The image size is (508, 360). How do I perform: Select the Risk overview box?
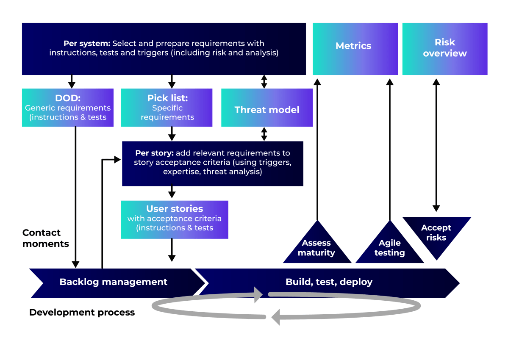click(444, 49)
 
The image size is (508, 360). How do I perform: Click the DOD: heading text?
click(68, 98)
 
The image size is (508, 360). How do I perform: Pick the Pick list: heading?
click(167, 98)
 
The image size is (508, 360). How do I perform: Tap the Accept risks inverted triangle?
click(436, 233)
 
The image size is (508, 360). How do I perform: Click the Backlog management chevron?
click(114, 282)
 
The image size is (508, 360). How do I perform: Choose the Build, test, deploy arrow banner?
click(329, 282)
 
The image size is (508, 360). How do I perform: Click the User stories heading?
click(175, 209)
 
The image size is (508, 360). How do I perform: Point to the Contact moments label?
click(45, 238)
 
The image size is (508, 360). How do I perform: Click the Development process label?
click(82, 313)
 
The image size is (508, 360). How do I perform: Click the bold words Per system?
click(87, 43)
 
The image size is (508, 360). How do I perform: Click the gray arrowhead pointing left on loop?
click(276, 316)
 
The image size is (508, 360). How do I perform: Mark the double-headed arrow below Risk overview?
click(436, 144)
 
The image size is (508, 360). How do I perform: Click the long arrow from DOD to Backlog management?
click(75, 195)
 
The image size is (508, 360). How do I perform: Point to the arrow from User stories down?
click(172, 250)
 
